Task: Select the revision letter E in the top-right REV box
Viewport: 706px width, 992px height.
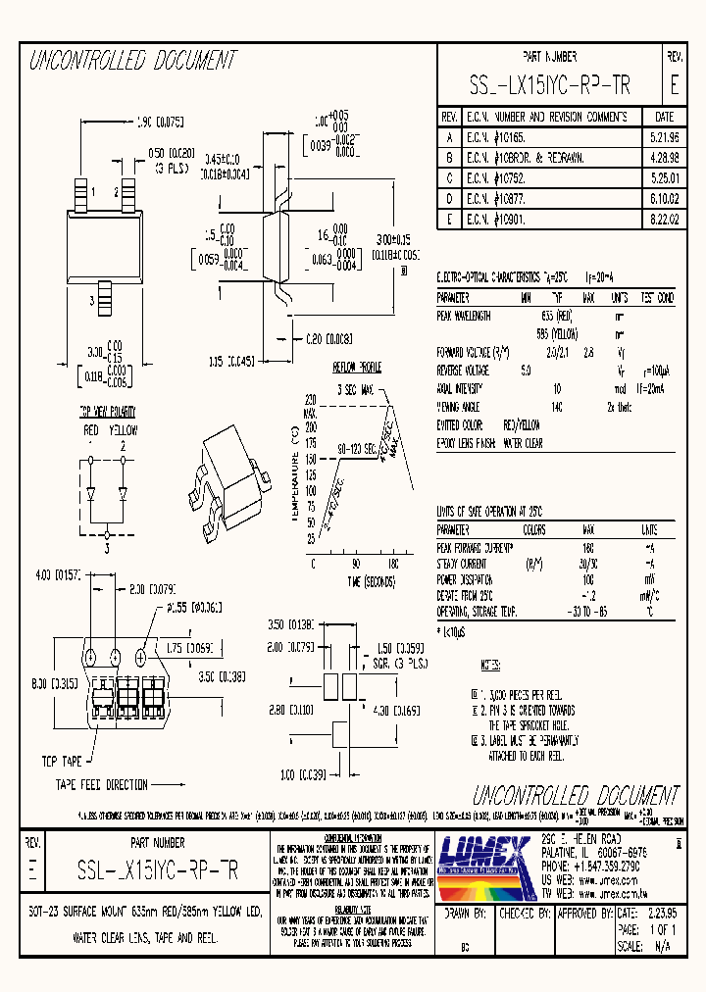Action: (674, 86)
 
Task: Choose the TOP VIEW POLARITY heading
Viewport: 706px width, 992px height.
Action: (105, 413)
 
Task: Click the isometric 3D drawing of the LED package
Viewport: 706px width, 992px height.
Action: (236, 471)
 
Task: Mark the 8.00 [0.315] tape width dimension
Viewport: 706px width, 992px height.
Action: (39, 683)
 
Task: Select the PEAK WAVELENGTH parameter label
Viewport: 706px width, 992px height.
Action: (464, 316)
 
